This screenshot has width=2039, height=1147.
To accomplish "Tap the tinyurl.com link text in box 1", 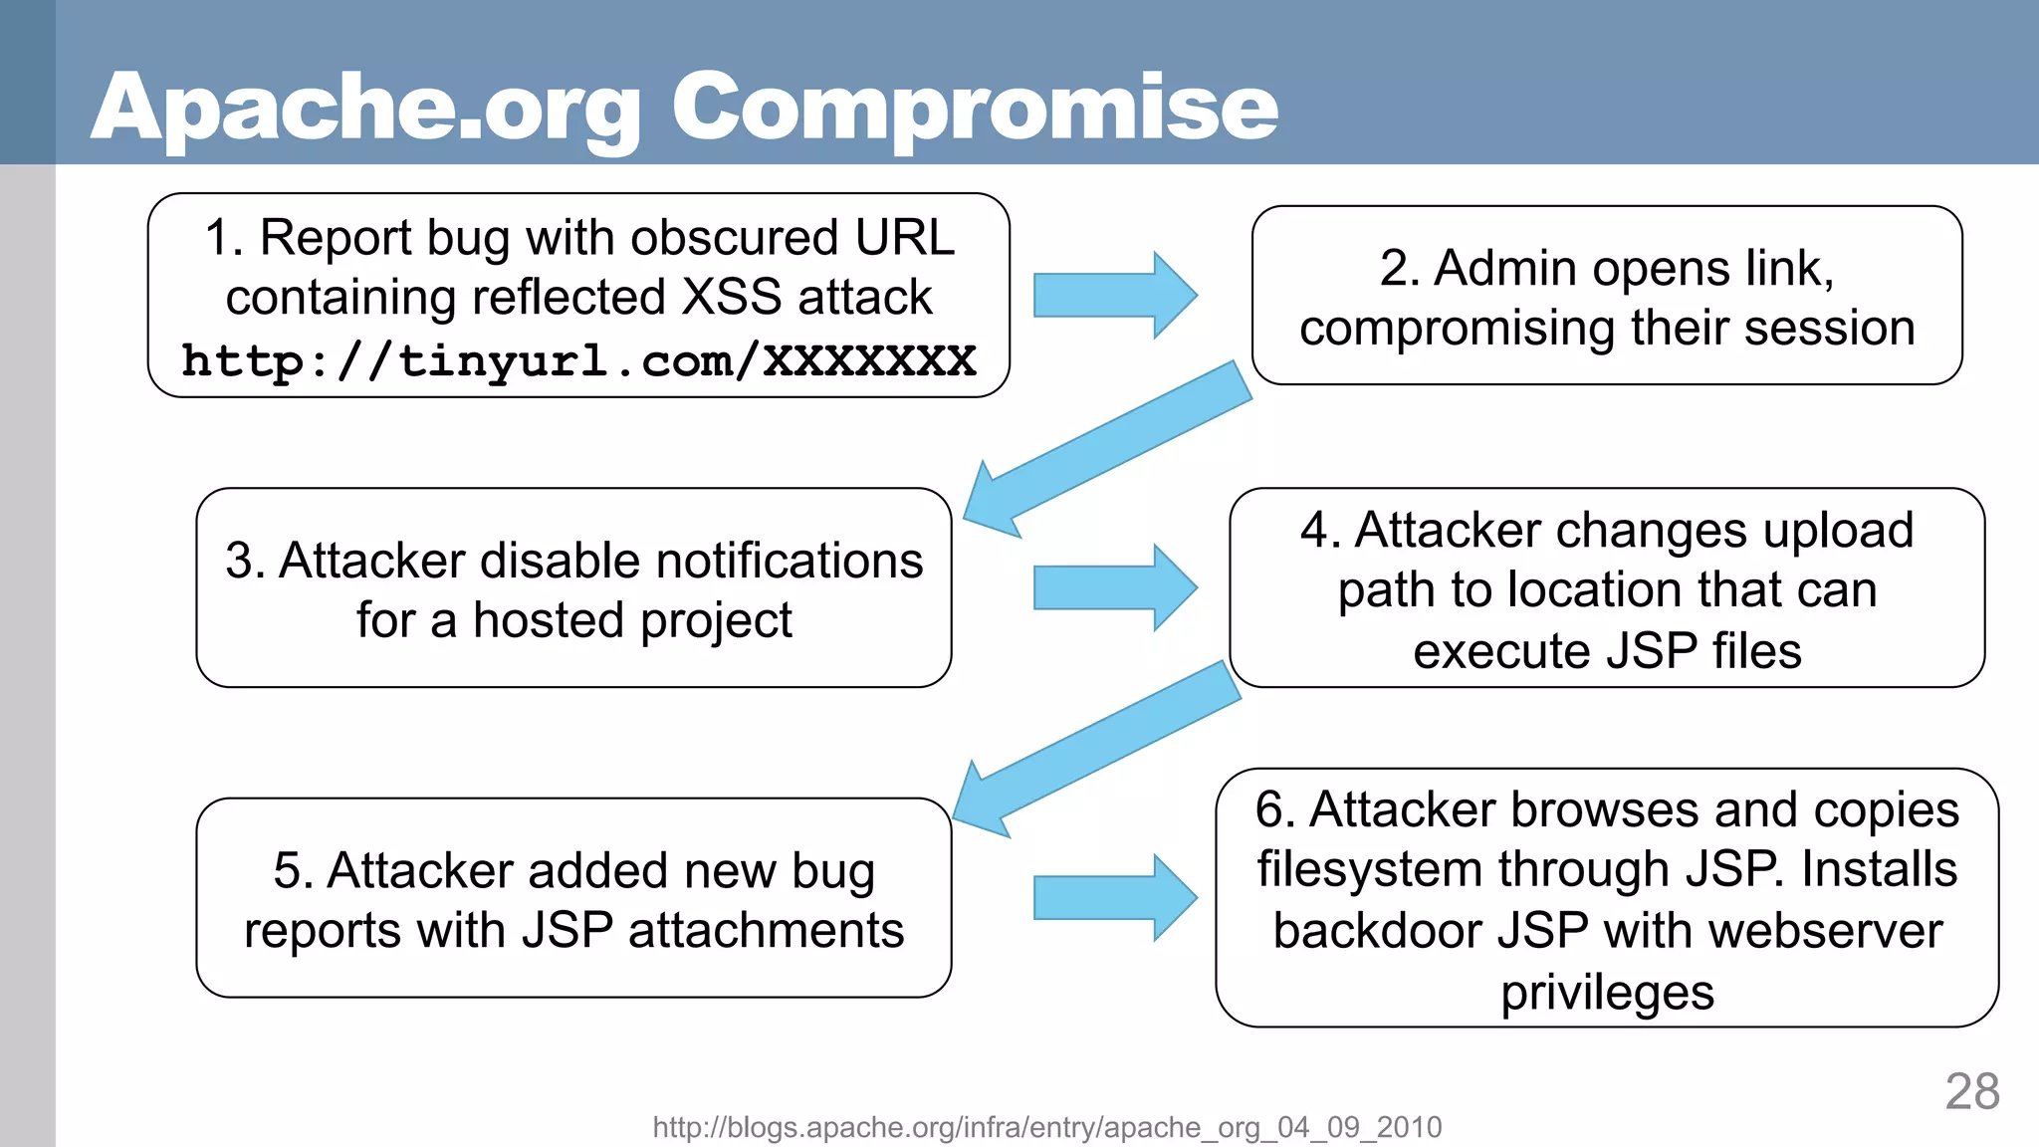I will (x=578, y=360).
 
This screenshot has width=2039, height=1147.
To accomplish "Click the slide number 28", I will (x=1971, y=1092).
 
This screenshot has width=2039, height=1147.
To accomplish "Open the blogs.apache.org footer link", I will (x=1046, y=1127).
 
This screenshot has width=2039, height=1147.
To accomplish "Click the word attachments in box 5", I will (x=766, y=931).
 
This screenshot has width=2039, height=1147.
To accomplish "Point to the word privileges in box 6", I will (x=1607, y=993).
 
